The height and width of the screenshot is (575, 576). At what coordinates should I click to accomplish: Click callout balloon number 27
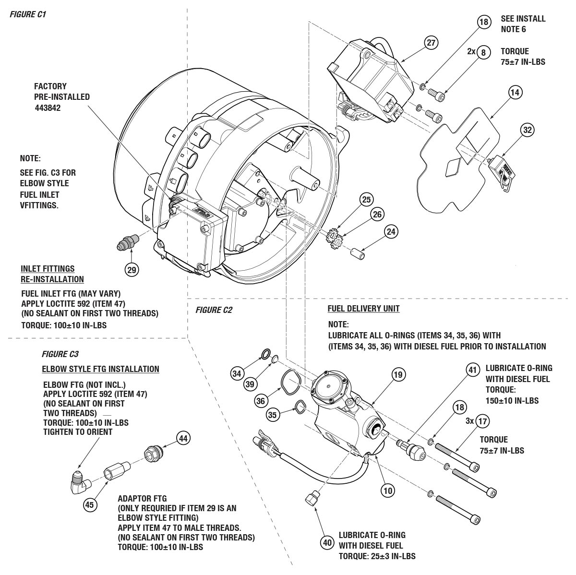pos(432,43)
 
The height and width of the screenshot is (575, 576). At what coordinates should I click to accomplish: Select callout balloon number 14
pos(515,93)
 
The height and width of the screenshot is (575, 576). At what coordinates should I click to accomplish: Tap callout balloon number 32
pos(528,130)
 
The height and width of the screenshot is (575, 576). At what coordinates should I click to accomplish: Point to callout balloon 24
pos(392,232)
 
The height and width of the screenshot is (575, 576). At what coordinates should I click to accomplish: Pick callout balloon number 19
pos(398,374)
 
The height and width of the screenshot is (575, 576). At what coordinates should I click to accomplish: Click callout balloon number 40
pos(327,543)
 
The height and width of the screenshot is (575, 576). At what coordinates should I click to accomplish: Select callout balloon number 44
pos(183,438)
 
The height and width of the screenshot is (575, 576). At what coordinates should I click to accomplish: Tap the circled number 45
pos(89,505)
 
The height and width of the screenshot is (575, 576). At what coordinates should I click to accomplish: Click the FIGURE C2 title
pos(214,310)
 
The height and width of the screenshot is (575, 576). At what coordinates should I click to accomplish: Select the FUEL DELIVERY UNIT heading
pos(363,309)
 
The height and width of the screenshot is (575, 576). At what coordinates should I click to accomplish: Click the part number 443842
pos(48,108)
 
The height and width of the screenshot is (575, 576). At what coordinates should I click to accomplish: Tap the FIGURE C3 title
pos(60,354)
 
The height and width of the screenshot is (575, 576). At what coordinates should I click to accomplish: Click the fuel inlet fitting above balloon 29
pos(127,241)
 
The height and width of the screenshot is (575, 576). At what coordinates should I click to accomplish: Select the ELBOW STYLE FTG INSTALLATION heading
pos(101,369)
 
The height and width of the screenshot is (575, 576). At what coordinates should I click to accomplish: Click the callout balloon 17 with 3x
pos(483,421)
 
